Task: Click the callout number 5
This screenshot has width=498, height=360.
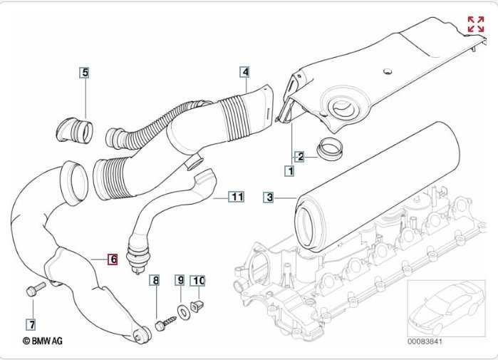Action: [x=84, y=72]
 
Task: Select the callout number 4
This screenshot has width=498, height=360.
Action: [x=244, y=72]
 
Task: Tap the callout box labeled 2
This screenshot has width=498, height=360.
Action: [x=301, y=156]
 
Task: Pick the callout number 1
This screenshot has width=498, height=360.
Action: [x=290, y=171]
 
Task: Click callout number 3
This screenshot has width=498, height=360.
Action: [x=269, y=197]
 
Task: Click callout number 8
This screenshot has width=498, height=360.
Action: [x=155, y=281]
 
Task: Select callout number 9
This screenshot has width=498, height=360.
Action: [x=180, y=281]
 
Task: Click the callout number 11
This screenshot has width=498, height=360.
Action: [x=237, y=196]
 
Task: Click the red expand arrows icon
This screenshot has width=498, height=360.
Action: [x=475, y=24]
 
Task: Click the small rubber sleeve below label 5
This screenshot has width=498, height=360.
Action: [x=74, y=130]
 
